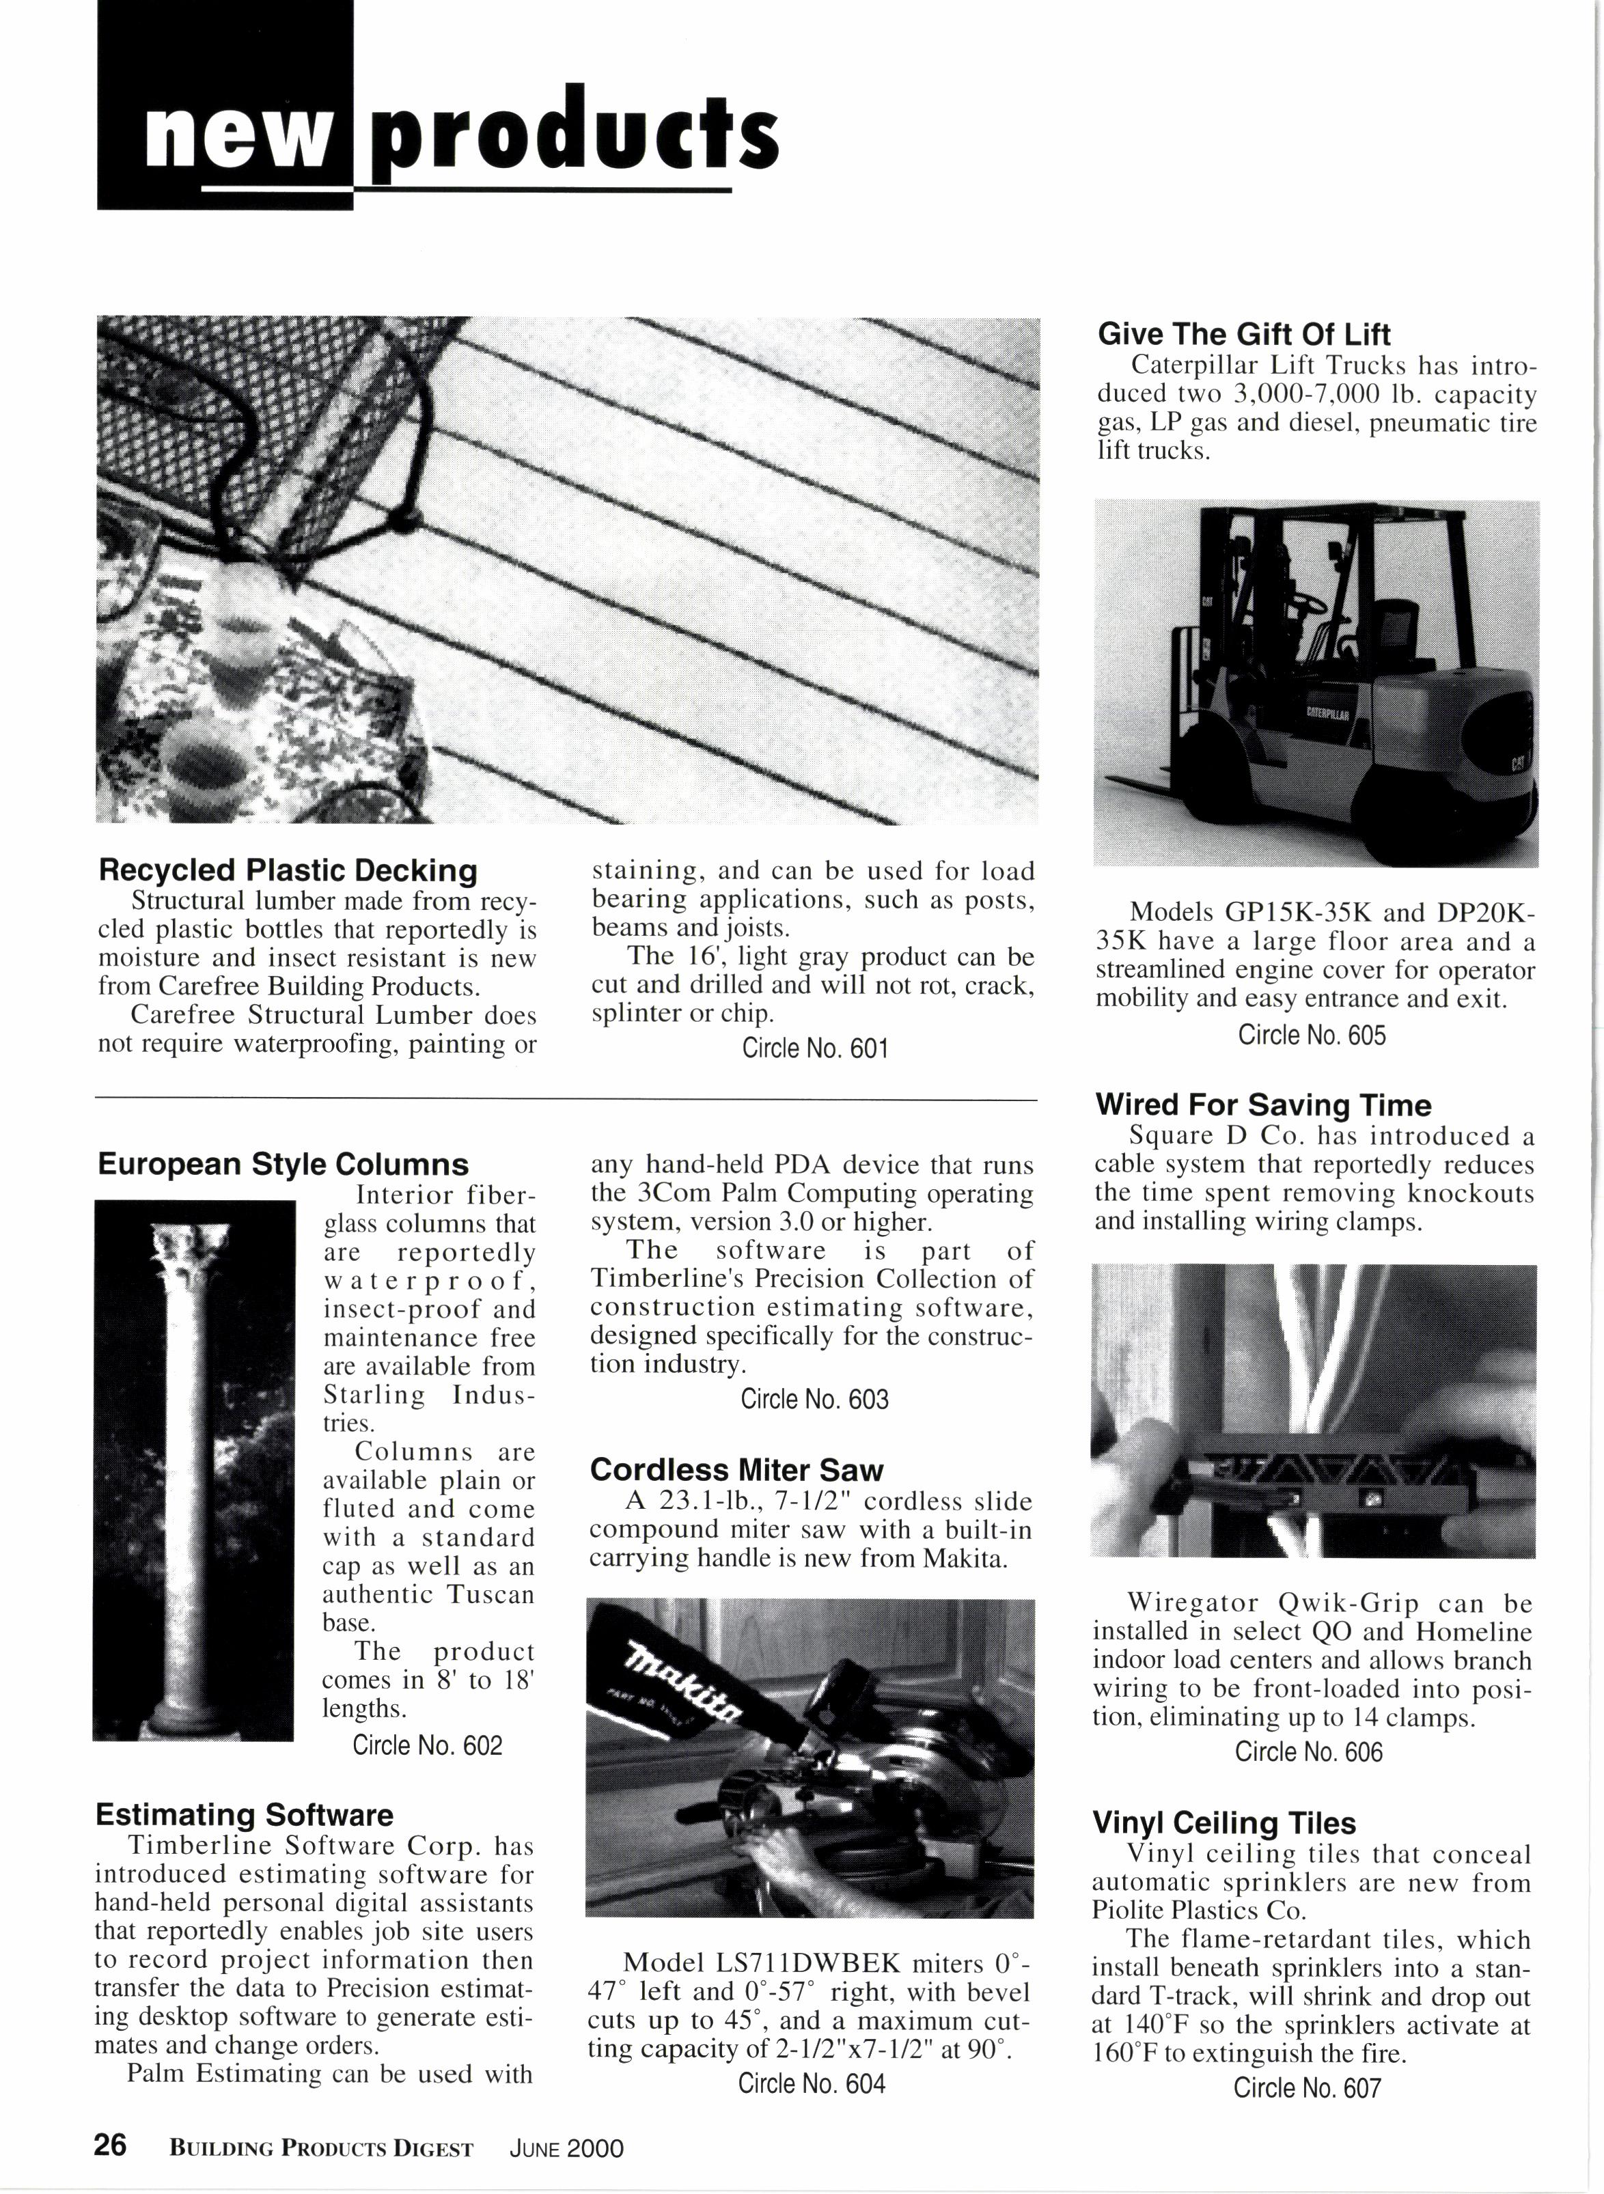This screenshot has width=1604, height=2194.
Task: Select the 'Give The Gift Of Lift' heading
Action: pyautogui.click(x=1244, y=335)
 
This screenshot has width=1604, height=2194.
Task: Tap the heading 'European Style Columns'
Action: pyautogui.click(x=283, y=1164)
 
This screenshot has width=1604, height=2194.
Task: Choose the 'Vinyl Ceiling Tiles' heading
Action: pyautogui.click(x=1223, y=1822)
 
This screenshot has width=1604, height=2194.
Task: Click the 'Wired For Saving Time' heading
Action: pyautogui.click(x=1263, y=1105)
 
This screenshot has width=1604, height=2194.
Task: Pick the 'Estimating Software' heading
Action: pyautogui.click(x=244, y=1814)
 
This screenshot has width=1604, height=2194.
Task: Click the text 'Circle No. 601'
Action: pyautogui.click(x=814, y=1049)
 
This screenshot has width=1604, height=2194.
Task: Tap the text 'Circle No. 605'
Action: pyautogui.click(x=1311, y=1035)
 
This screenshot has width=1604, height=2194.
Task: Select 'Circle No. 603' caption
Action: pyautogui.click(x=814, y=1399)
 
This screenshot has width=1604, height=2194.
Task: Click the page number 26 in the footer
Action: pyautogui.click(x=110, y=2146)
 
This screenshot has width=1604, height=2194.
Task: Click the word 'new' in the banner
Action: pyautogui.click(x=232, y=139)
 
